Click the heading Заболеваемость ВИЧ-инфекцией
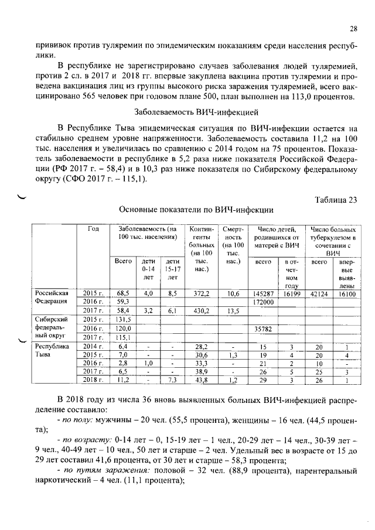pos(187,112)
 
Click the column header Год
pos(93,228)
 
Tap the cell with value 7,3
pos(172,382)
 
